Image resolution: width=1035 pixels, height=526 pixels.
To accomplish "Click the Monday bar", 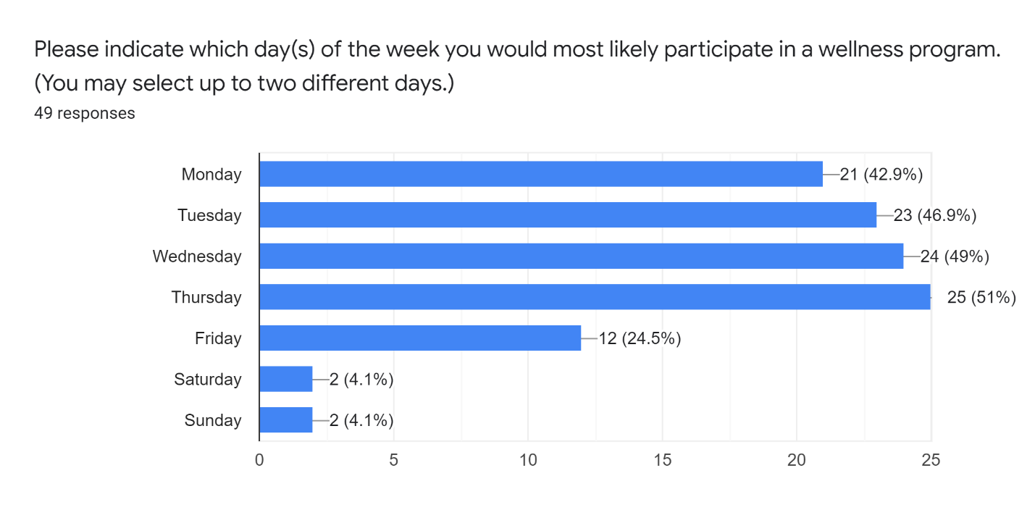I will (x=540, y=174).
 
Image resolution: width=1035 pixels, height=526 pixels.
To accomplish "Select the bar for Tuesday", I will (x=567, y=215).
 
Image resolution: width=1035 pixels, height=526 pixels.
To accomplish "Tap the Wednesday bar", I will (x=581, y=256).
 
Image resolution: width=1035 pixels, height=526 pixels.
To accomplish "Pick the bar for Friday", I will (x=419, y=338).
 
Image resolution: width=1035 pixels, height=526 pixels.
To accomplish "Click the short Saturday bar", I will (x=285, y=379).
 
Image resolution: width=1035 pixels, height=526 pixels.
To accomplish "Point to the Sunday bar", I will (x=285, y=420).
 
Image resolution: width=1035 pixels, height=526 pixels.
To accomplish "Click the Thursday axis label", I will (x=206, y=297).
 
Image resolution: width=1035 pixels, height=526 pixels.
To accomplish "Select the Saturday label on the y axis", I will (x=207, y=379).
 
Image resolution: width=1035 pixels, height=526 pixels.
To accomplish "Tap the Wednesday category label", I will (x=196, y=256).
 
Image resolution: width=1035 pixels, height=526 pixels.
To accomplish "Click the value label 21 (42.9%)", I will (x=881, y=174).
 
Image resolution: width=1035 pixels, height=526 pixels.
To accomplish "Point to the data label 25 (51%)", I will (x=981, y=297).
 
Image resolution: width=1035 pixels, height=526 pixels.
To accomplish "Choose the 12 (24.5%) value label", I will (x=640, y=338).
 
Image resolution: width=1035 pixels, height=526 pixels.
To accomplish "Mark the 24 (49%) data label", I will (x=955, y=256).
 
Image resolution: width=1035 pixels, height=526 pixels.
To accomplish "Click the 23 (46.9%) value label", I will (x=934, y=215).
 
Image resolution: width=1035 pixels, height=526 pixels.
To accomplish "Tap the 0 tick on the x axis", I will (x=259, y=459).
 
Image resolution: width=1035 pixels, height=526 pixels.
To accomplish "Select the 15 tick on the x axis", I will (x=662, y=459).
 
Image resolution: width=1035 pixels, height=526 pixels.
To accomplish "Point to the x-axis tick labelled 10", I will (x=527, y=459).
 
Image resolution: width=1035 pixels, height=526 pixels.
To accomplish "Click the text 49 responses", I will (x=84, y=113).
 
